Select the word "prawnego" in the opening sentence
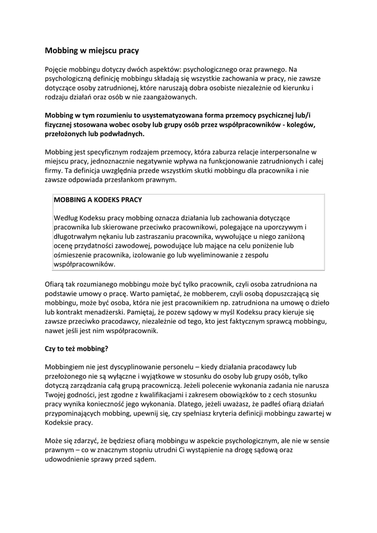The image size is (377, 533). [267, 69]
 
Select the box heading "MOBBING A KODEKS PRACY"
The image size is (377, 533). [98, 199]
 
